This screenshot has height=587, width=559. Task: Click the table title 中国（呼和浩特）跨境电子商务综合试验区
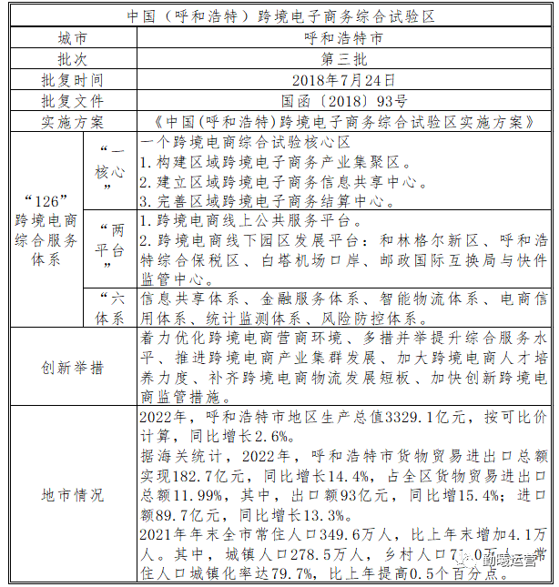(x=279, y=16)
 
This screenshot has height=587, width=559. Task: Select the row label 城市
(x=72, y=38)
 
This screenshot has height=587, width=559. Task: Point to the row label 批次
(x=72, y=59)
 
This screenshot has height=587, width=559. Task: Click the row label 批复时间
(x=72, y=80)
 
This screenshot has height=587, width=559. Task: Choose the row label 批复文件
(x=72, y=101)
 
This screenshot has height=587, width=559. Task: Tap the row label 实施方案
(x=72, y=122)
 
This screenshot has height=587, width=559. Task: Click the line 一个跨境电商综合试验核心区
(x=246, y=143)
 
